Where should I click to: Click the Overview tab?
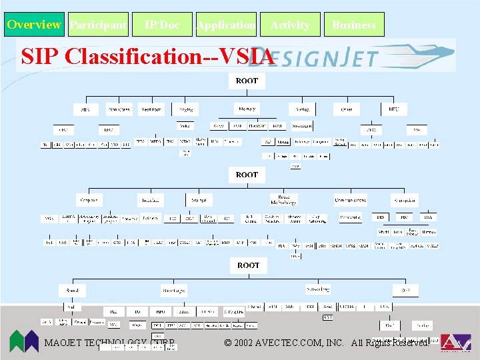[34, 25]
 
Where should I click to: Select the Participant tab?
[98, 25]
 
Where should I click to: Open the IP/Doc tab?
[162, 25]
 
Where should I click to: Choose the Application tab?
[226, 25]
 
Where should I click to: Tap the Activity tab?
[290, 25]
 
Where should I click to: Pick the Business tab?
[354, 25]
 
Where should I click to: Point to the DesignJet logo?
[347, 55]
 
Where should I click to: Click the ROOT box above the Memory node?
[247, 81]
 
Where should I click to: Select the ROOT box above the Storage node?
[247, 175]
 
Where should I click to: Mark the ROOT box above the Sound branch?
[249, 265]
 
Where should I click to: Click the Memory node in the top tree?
[247, 109]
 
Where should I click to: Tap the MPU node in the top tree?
[393, 109]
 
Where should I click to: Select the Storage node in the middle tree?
[199, 199]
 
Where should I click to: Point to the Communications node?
[351, 199]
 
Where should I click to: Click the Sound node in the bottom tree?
[71, 290]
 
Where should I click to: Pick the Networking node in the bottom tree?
[318, 290]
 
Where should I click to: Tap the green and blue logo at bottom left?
[24, 341]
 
